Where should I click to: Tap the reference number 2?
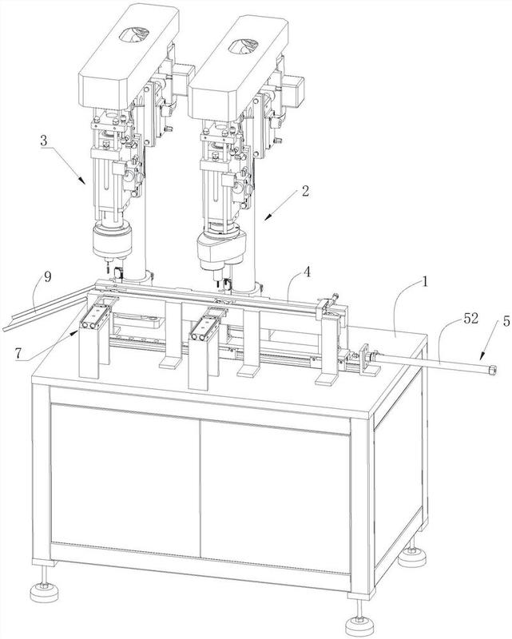[x=305, y=191]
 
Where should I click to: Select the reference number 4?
[x=307, y=272]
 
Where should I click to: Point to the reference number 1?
[x=424, y=281]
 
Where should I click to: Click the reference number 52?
[x=470, y=319]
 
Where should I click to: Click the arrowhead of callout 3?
[x=83, y=181]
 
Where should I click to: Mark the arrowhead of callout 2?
[x=267, y=217]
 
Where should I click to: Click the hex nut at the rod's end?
[x=493, y=370]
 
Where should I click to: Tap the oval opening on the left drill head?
[x=133, y=34]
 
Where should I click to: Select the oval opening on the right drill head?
[x=244, y=46]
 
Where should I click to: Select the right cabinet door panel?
[x=276, y=498]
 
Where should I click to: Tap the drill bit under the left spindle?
[x=107, y=268]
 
